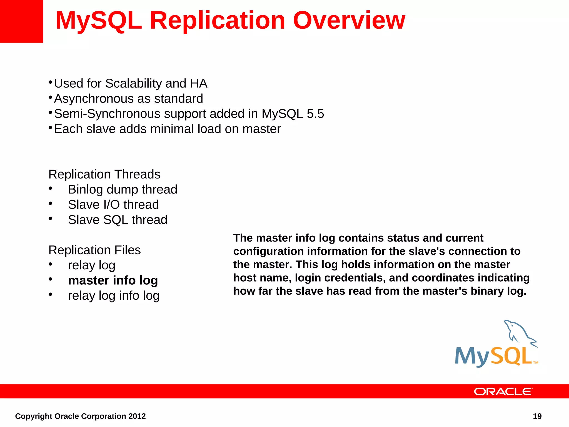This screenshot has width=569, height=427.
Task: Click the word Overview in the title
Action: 349,21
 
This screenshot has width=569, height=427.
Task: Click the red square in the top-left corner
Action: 21,21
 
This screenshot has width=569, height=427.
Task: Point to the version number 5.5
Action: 315,114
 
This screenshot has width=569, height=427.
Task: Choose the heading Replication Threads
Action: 104,174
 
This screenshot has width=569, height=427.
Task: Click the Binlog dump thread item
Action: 123,190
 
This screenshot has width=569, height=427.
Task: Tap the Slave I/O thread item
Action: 113,205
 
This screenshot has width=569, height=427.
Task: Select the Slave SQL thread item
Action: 118,220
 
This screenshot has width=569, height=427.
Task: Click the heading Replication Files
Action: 94,250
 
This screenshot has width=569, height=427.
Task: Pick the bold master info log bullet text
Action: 113,280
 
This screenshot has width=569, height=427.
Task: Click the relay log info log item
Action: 114,296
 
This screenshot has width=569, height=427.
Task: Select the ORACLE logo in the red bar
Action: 503,391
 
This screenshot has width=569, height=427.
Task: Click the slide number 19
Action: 537,416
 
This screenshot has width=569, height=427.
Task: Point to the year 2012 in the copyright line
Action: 137,416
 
